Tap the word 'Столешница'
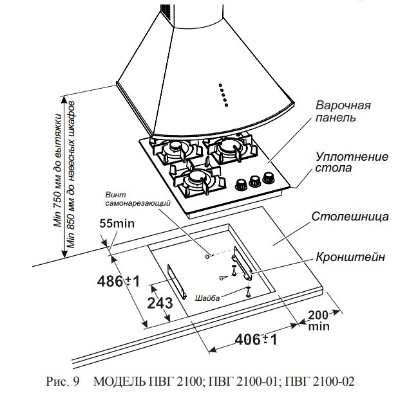point(350,216)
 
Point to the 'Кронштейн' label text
point(351,256)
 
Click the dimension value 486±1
point(119,281)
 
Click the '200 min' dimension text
point(319,320)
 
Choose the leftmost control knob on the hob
point(242,184)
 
